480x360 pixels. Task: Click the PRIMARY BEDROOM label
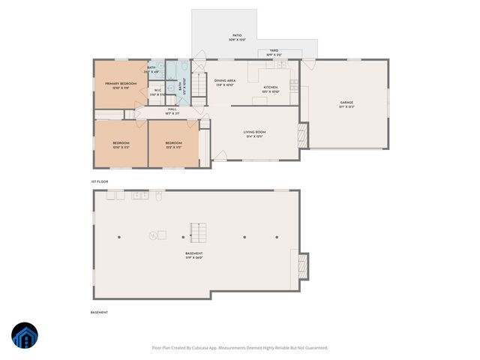(x=120, y=83)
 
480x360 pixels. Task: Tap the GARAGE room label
(x=346, y=103)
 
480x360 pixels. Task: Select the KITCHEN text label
(x=270, y=87)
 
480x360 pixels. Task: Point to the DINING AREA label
(x=225, y=80)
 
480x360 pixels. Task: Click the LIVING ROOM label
(x=254, y=133)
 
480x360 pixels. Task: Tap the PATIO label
(x=236, y=35)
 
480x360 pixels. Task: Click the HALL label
(x=172, y=109)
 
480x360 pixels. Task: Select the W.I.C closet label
(x=158, y=90)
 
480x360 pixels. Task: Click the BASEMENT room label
(x=194, y=253)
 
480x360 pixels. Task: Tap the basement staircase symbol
(x=196, y=230)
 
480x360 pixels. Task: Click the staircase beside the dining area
(x=199, y=85)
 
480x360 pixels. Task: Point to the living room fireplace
(x=303, y=134)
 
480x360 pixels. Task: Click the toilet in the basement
(x=159, y=196)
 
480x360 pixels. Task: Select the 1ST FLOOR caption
(x=99, y=181)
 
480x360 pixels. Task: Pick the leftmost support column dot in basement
(x=118, y=237)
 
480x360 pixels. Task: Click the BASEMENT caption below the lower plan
(x=99, y=312)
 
